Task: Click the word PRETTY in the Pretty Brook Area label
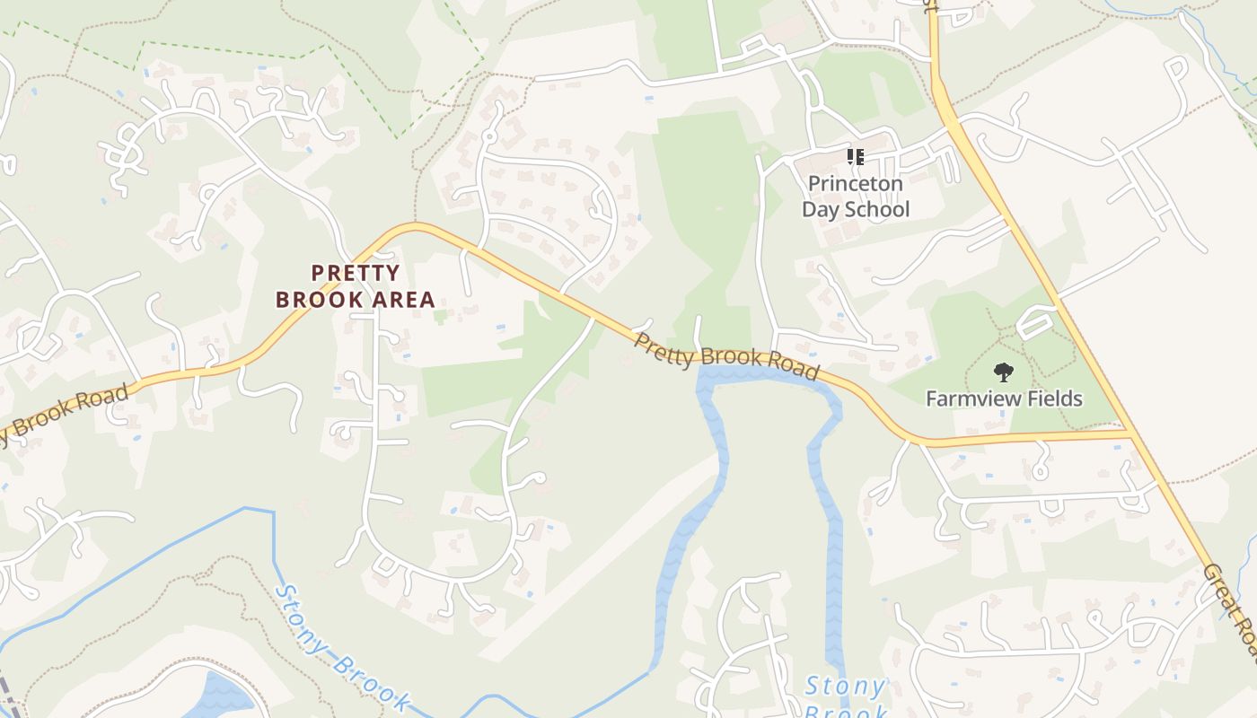coord(356,273)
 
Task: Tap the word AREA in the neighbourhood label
coord(400,300)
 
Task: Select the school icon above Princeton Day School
coord(855,157)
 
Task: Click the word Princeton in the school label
coord(855,184)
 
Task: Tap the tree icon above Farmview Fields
coord(1003,372)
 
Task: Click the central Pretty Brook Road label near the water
coord(725,356)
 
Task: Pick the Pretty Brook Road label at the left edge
coord(63,414)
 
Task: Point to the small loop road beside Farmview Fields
coord(1036,321)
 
